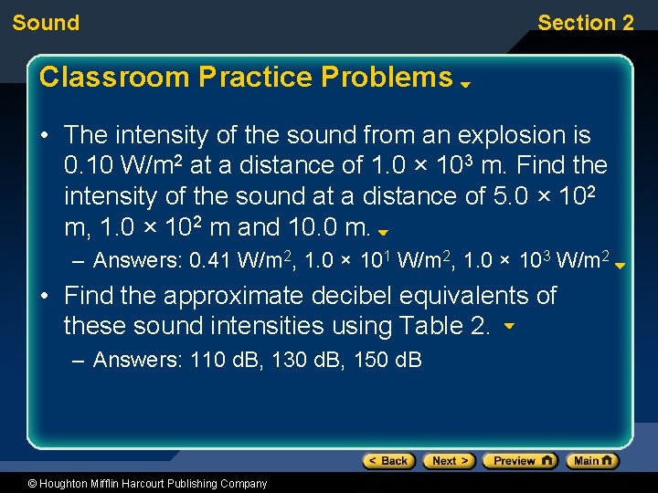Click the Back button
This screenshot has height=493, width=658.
[388, 461]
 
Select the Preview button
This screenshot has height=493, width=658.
[519, 461]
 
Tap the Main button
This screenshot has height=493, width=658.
[591, 461]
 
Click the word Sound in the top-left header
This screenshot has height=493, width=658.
[46, 23]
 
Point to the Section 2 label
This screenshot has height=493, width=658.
[585, 23]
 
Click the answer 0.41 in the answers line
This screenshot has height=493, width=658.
[210, 261]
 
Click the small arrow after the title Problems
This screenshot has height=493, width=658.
[465, 83]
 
